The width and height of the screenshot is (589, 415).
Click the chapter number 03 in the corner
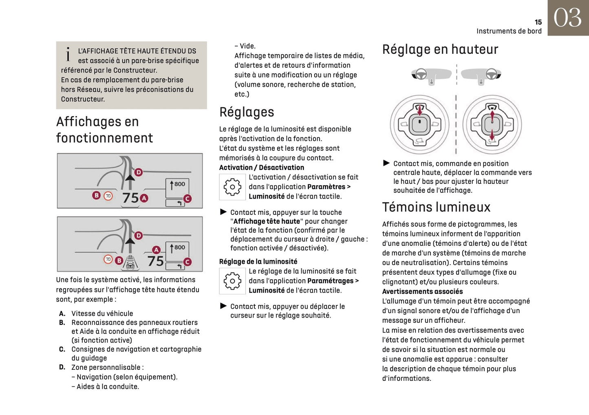click(x=567, y=18)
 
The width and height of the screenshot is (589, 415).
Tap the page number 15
click(x=538, y=22)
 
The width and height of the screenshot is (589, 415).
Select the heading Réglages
click(x=247, y=112)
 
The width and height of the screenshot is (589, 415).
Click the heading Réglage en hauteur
click(x=440, y=49)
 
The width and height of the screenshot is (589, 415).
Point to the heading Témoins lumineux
click(x=436, y=207)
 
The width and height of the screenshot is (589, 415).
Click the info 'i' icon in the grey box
click(x=68, y=54)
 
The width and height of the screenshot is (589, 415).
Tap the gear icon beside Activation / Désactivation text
click(x=232, y=187)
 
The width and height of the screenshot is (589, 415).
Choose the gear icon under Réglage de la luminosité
click(x=232, y=281)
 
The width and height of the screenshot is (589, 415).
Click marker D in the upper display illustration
click(x=139, y=172)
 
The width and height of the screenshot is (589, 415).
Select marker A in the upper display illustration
click(x=144, y=199)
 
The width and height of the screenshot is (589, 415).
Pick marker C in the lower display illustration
click(x=188, y=262)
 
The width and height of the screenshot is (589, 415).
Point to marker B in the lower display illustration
click(x=119, y=260)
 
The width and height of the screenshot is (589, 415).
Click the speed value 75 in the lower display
click(x=155, y=261)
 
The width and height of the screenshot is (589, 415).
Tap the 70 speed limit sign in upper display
click(x=108, y=196)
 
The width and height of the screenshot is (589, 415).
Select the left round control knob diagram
click(x=420, y=125)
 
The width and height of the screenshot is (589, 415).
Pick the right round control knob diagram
click(x=492, y=125)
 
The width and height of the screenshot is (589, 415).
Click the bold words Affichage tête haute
click(x=267, y=221)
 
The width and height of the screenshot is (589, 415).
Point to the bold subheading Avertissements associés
click(x=422, y=291)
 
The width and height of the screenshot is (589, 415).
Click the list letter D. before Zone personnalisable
click(x=62, y=367)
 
